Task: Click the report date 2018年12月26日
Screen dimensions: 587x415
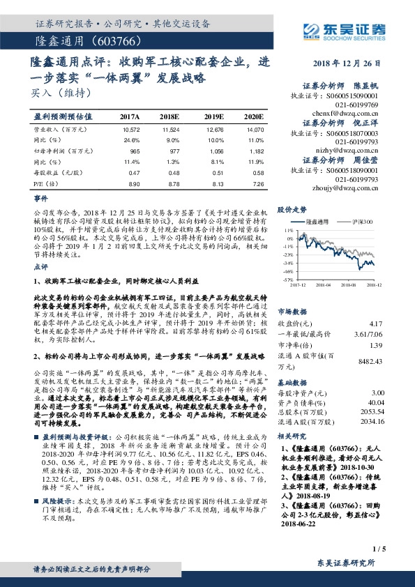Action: click(350, 62)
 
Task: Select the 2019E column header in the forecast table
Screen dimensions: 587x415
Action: click(213, 116)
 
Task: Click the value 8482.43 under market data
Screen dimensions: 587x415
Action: click(368, 361)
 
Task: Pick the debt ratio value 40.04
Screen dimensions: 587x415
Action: click(373, 402)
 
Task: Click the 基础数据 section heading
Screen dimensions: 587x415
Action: click(292, 383)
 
